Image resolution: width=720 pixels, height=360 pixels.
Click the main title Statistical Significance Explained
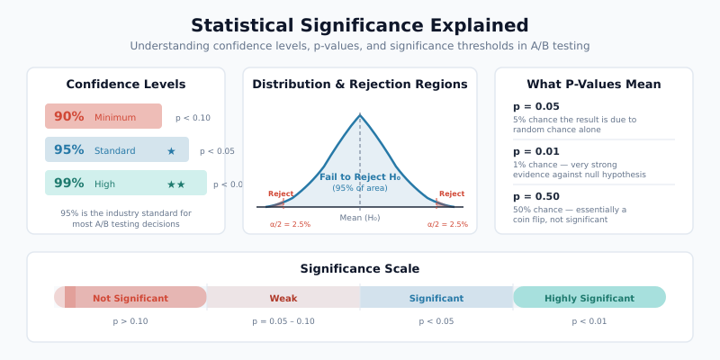point(360,25)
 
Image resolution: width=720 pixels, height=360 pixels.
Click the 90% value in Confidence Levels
point(68,116)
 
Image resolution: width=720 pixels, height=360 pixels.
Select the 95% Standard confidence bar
point(117,149)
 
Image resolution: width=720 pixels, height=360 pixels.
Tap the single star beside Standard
point(171,151)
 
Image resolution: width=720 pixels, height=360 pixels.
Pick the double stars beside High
point(175,184)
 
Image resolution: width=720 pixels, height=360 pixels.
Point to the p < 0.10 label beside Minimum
point(193,118)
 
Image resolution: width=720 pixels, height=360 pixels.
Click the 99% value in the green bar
point(68,184)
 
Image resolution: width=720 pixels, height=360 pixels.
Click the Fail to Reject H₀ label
point(360,176)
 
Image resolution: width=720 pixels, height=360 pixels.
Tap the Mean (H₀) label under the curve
point(360,218)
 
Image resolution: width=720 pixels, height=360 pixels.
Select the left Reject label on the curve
point(281,193)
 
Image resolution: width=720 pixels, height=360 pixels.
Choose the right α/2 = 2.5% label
point(447,224)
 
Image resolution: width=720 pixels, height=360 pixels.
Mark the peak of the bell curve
point(360,115)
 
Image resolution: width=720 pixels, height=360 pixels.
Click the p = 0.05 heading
point(535,106)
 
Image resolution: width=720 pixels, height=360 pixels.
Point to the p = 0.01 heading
point(535,151)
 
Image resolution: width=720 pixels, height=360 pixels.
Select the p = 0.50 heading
point(535,196)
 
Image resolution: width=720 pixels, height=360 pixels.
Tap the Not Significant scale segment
point(130,298)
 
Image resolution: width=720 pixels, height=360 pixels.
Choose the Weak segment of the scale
point(283,298)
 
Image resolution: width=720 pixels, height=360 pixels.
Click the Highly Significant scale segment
point(589,298)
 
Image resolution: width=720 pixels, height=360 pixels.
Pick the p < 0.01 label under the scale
point(589,321)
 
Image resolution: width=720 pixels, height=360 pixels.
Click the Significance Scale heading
point(360,268)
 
